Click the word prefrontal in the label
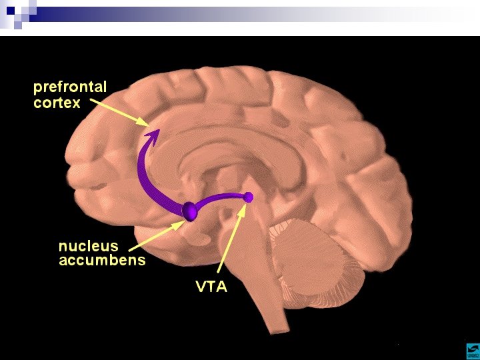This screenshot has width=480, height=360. [x=70, y=87]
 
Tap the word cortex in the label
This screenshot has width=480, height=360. [x=57, y=103]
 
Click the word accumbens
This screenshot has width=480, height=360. [x=102, y=260]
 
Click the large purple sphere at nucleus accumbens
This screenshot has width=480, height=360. [x=190, y=210]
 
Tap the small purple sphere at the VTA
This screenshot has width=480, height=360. [x=249, y=197]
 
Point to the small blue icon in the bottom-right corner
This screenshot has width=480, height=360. [x=471, y=351]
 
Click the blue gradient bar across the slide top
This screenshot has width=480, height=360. [x=253, y=14]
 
